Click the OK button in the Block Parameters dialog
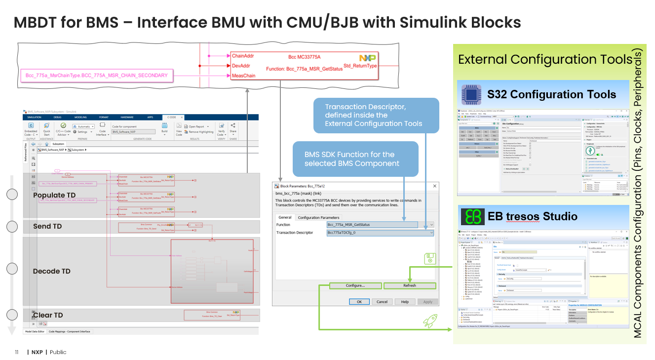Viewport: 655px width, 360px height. (359, 302)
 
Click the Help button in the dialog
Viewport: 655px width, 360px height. (405, 302)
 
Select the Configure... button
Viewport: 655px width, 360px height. (355, 285)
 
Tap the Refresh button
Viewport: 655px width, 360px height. (409, 285)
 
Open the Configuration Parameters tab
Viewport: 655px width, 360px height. (318, 217)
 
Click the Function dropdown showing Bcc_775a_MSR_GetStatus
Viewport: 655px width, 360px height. (380, 225)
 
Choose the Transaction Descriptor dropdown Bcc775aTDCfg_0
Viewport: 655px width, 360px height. (380, 233)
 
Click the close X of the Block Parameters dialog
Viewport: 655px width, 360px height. (434, 186)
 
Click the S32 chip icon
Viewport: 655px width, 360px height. (471, 94)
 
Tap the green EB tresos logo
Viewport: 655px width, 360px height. (471, 216)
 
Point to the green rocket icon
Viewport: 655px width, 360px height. (430, 321)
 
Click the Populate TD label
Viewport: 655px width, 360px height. (54, 196)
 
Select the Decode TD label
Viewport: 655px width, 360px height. (52, 271)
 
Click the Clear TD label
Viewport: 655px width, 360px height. (48, 315)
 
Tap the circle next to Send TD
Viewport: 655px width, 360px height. (12, 227)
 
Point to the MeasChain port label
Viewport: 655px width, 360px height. (243, 76)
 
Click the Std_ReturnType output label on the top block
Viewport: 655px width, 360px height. (360, 66)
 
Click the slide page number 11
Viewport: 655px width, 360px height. (16, 352)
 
